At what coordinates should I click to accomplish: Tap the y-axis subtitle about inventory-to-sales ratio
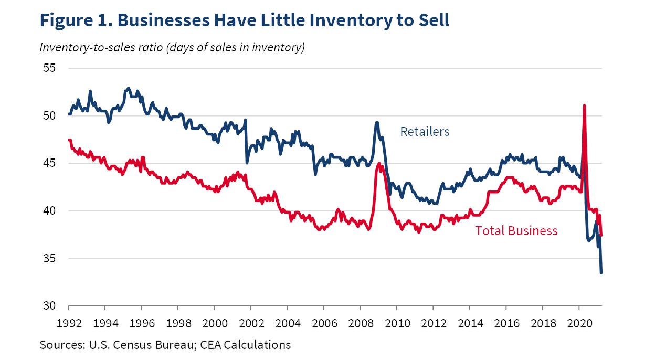(172, 48)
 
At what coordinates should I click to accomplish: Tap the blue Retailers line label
(425, 132)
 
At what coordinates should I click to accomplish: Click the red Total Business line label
(516, 231)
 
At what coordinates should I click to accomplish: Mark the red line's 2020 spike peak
(584, 105)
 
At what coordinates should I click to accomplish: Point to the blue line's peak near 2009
(377, 123)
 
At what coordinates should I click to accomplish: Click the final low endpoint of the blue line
(601, 272)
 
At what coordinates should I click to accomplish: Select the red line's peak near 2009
(379, 164)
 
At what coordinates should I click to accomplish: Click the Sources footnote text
(165, 345)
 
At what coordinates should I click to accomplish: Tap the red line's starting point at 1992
(69, 140)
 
